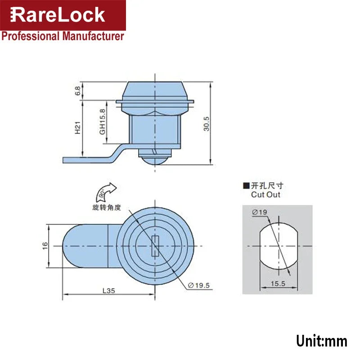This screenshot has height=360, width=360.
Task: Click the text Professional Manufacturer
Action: coord(63,36)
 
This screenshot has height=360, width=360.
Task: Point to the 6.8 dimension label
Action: coord(78,91)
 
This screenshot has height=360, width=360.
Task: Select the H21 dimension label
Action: coord(78,129)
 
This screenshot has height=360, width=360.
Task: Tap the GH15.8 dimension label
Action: coord(103,121)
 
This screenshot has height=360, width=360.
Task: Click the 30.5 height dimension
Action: coord(206,122)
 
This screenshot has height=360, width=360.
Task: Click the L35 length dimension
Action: coord(108,291)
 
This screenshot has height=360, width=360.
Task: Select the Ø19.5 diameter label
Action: coord(200,285)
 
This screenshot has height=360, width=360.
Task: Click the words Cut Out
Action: coord(265,195)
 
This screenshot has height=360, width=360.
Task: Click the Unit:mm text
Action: coord(321,341)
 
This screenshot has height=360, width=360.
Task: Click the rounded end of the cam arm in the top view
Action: coord(70,246)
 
